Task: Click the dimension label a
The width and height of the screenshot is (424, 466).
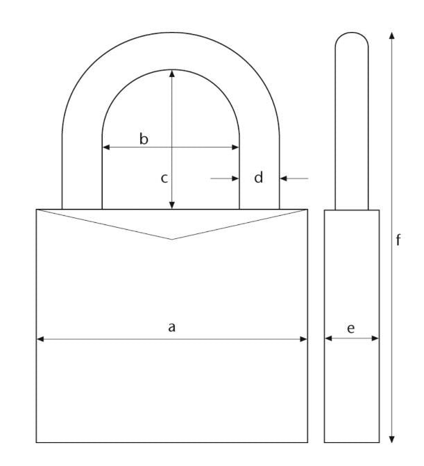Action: point(172,326)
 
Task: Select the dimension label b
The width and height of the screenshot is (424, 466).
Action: point(144,139)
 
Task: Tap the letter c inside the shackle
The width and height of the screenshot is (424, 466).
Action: point(164,178)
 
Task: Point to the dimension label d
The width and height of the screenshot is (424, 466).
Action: point(259,178)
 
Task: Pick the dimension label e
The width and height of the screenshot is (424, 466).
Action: point(350,328)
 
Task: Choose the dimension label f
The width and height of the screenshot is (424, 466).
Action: point(398,240)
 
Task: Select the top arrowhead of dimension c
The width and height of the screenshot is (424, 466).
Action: point(171,73)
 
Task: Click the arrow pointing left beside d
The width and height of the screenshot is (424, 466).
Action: point(285,178)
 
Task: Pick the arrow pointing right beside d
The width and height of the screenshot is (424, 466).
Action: point(235,178)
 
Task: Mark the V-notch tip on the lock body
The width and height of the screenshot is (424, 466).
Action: point(171,239)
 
